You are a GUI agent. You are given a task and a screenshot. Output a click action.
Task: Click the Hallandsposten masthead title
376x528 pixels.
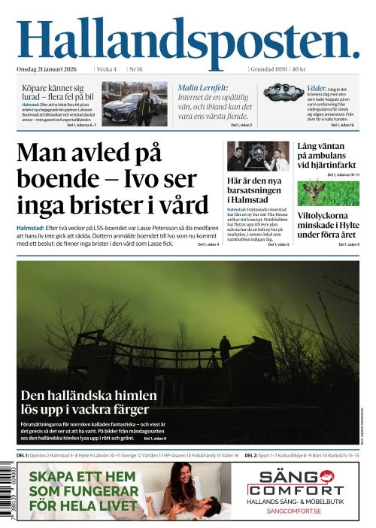coord(187,39)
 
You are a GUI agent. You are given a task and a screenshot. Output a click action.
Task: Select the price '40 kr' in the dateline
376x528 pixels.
coord(299,69)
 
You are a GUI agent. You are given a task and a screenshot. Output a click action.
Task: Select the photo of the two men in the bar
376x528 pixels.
coord(258,156)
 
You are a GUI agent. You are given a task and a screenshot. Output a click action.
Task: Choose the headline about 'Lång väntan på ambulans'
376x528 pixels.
coord(327,155)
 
